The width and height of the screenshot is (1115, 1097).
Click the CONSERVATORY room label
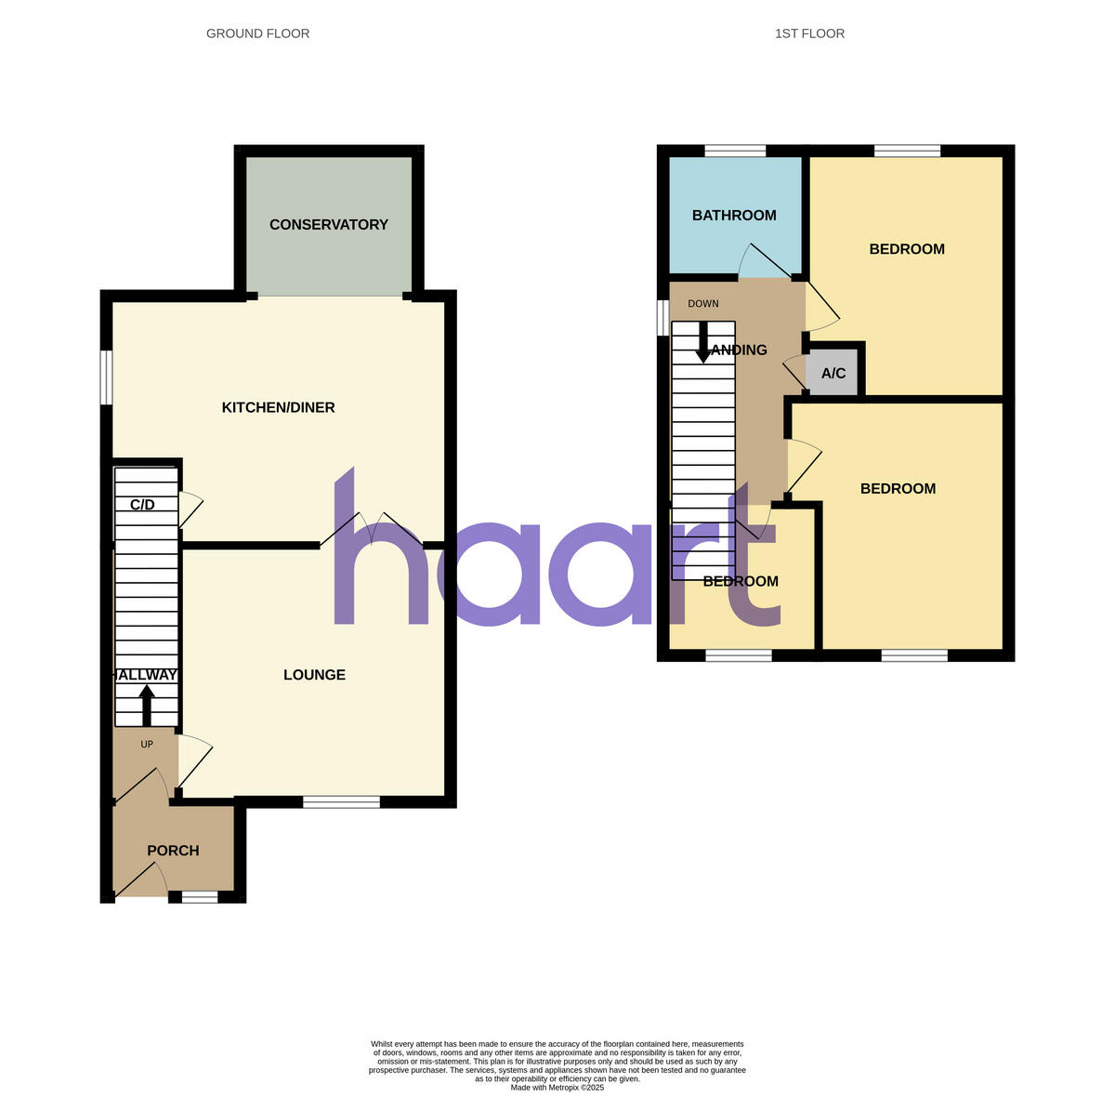tap(328, 225)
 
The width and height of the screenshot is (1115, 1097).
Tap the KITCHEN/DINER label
tap(278, 407)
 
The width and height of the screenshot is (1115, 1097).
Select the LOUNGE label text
tap(314, 675)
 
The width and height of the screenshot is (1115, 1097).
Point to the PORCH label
tap(173, 851)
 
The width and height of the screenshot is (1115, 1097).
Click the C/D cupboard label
tap(142, 505)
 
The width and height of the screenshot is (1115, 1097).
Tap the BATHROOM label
tap(734, 216)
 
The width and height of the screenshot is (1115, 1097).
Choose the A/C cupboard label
tap(833, 374)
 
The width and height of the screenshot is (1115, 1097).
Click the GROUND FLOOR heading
tap(257, 33)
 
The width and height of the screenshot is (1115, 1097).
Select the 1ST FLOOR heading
tap(809, 33)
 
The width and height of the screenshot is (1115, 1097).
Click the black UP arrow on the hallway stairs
tap(147, 704)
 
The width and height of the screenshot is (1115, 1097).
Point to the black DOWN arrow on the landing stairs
tap(703, 342)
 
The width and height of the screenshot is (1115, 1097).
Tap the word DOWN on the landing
tap(703, 304)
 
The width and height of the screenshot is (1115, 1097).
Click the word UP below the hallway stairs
tap(147, 744)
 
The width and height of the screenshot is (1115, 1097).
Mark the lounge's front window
tap(341, 802)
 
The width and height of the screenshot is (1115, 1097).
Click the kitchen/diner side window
tap(107, 377)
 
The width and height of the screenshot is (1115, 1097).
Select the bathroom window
tap(735, 151)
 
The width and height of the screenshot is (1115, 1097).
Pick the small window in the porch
tap(199, 897)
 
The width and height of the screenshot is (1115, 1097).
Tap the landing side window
tap(662, 317)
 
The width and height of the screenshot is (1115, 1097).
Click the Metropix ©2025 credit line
tap(557, 1088)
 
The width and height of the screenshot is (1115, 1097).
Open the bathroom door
tap(764, 260)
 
